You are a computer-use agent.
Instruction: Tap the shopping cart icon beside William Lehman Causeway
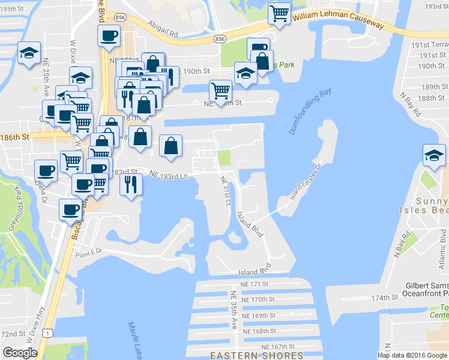[x=279, y=13]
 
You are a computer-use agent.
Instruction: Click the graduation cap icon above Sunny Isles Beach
[x=433, y=155]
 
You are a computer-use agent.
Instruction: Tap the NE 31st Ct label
[x=225, y=189]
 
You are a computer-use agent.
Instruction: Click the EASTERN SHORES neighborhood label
[x=256, y=355]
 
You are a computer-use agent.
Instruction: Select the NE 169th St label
[x=258, y=315]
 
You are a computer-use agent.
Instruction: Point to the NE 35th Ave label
[x=234, y=310]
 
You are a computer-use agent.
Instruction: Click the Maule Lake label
[x=136, y=340]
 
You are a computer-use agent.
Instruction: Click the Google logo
[x=20, y=352]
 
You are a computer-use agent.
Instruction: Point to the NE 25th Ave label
[x=46, y=75]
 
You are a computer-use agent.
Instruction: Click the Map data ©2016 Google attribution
[x=412, y=355]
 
